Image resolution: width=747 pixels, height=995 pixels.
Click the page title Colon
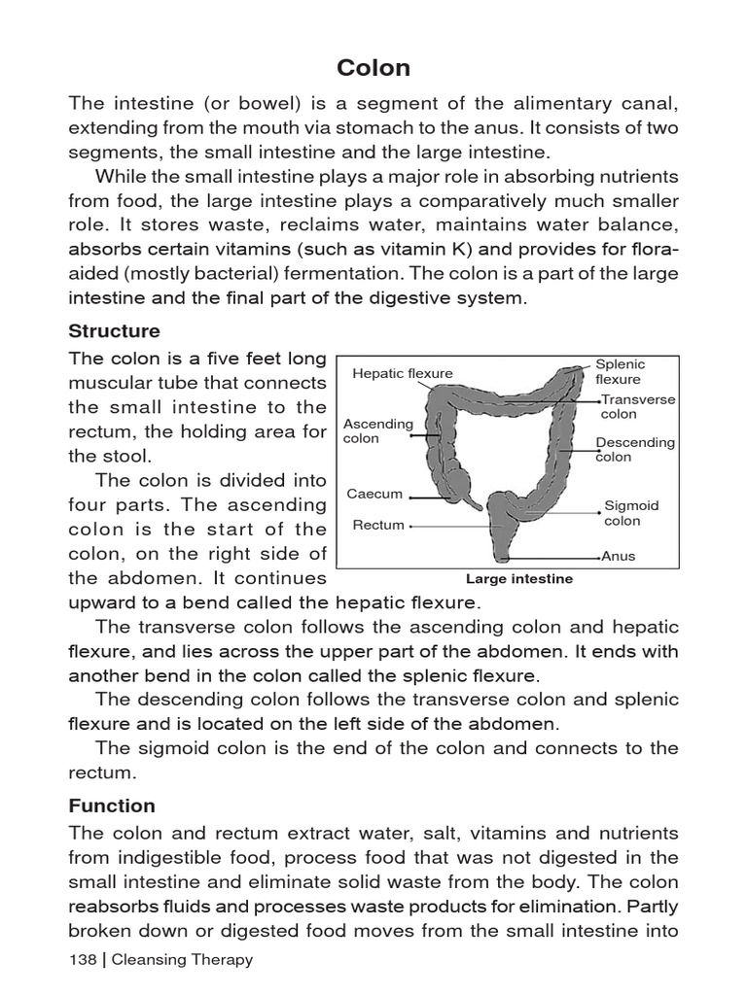(373, 68)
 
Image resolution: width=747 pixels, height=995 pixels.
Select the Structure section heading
(114, 331)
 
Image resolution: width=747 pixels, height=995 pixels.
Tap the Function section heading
(112, 806)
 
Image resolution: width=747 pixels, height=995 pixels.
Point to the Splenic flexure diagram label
(619, 371)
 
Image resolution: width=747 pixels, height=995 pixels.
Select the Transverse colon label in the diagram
(637, 406)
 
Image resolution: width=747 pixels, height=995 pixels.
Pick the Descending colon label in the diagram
(634, 449)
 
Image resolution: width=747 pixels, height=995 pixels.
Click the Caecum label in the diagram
(374, 494)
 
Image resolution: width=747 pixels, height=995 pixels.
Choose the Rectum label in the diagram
(378, 525)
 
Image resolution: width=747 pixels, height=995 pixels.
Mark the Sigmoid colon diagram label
(631, 513)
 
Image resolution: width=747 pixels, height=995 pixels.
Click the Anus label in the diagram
(618, 557)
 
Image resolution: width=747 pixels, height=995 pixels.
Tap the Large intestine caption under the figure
(519, 579)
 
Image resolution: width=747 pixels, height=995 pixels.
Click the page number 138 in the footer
(83, 959)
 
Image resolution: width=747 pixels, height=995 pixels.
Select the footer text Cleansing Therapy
(182, 959)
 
